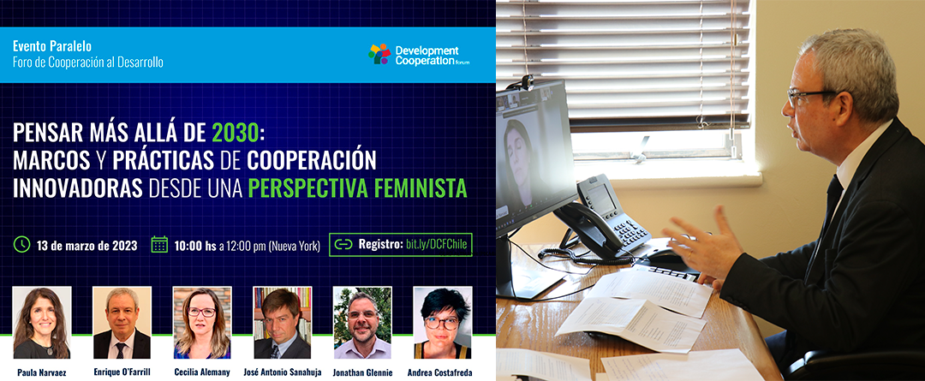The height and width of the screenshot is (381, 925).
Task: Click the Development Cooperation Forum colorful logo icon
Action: pos(379,54)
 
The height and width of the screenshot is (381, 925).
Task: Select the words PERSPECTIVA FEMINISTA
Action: pos(357,188)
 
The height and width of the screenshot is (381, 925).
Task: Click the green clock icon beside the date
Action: pos(21,244)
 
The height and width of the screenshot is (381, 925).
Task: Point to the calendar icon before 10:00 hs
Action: pos(159,244)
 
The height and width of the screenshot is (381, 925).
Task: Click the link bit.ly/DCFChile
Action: pos(438,245)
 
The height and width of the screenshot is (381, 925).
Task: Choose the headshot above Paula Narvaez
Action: pos(42,323)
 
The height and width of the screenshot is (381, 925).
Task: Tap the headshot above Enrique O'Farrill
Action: pos(122,323)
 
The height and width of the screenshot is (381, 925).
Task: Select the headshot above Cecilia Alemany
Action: pos(202,323)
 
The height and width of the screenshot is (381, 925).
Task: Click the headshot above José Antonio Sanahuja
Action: pos(283,323)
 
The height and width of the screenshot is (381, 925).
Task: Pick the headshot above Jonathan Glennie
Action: pos(362,323)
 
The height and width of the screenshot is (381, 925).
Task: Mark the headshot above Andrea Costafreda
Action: pos(443,323)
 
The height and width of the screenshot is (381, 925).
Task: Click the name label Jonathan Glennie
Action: pos(362,372)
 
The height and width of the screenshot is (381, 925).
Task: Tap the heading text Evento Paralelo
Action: pos(52,46)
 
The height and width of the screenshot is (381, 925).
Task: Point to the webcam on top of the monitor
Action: pos(527,81)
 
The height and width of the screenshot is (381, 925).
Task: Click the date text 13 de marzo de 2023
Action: pos(87,246)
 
